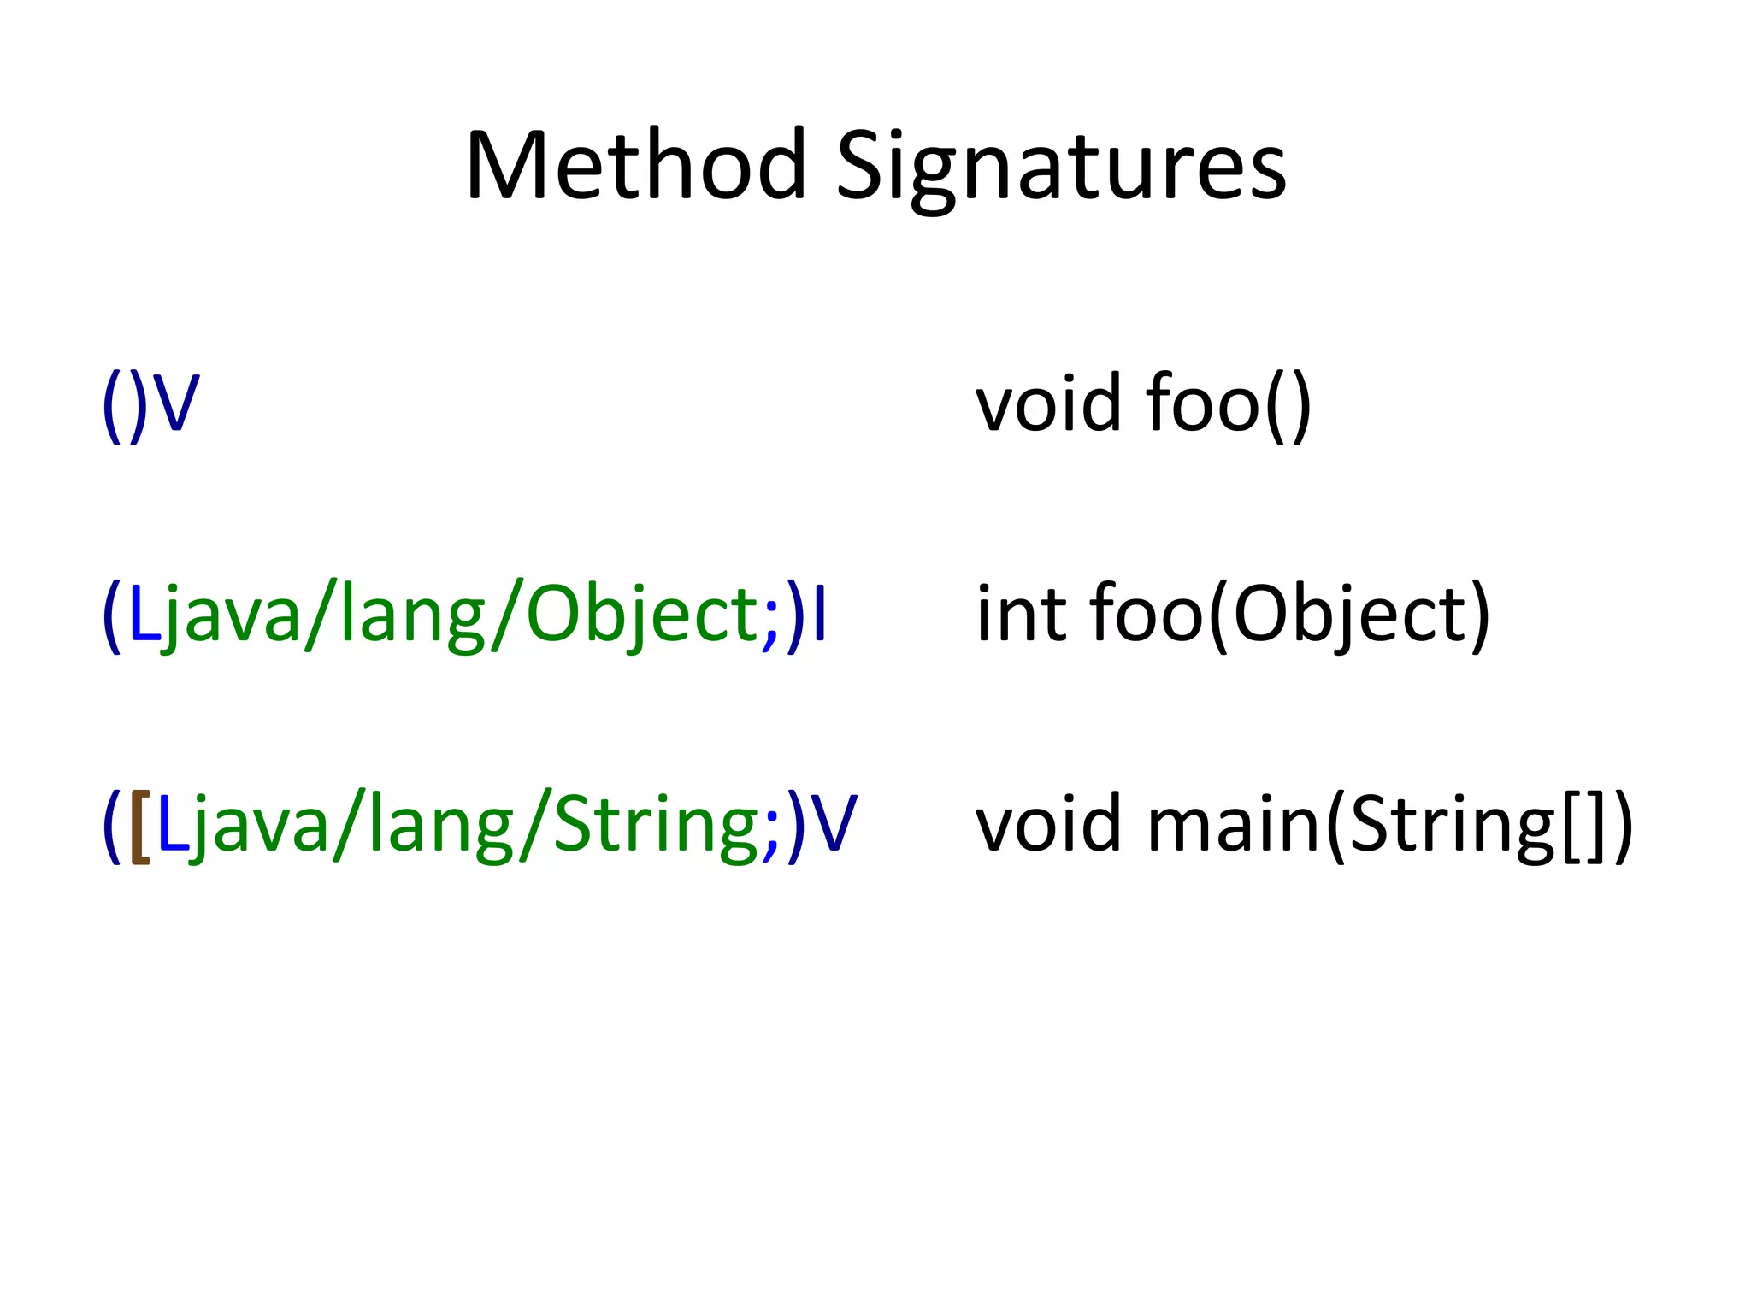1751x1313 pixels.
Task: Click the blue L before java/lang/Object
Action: click(x=143, y=614)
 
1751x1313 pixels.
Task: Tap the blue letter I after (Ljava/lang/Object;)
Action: click(x=820, y=614)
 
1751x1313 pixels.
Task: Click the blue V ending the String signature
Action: click(x=833, y=825)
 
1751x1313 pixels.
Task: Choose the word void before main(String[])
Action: click(x=1048, y=825)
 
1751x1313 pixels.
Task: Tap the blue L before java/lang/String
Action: click(x=172, y=825)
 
